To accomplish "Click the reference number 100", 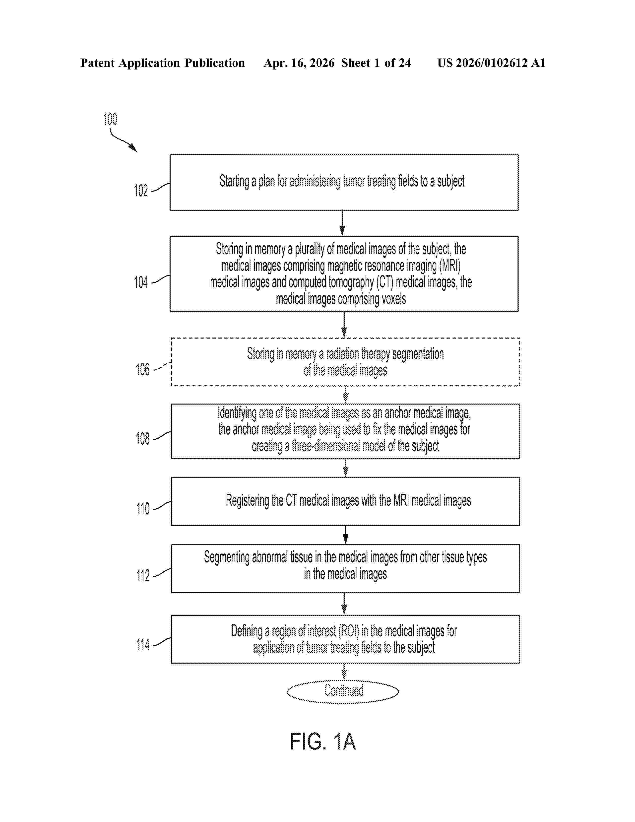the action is [x=110, y=119].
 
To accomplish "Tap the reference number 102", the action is [x=141, y=191].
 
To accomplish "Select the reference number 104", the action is [x=141, y=282].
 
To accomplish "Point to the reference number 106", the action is [x=143, y=370].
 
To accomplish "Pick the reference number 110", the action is [x=143, y=509].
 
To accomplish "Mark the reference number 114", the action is [x=143, y=645].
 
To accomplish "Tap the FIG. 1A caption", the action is [x=323, y=742].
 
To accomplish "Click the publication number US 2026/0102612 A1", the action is [x=491, y=63].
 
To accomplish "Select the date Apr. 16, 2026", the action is [x=299, y=63].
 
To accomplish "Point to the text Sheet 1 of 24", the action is [x=376, y=63].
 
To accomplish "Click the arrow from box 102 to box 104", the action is [x=342, y=223].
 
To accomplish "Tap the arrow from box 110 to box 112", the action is [x=345, y=535].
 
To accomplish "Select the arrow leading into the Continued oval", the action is [x=344, y=672].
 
